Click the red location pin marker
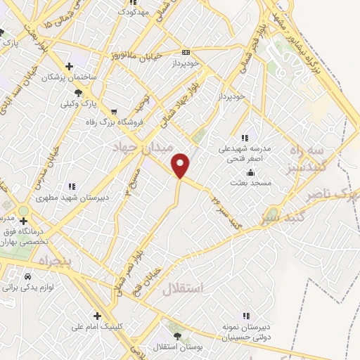coord(181,165)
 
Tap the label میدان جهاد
coord(139,146)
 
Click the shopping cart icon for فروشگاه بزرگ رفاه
coord(113,112)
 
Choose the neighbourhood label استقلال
coord(182,288)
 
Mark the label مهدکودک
coord(132,12)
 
